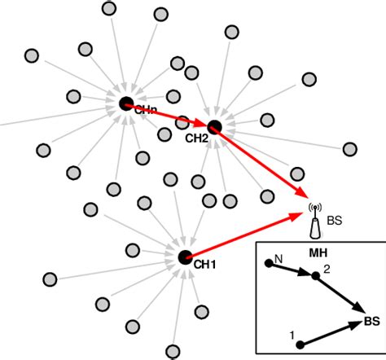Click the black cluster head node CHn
coord(126,103)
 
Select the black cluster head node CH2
coord(214,126)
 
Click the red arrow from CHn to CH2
coord(170,115)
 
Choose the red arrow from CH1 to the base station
coord(244,236)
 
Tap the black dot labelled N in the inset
coord(268,263)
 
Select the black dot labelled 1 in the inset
coord(300,345)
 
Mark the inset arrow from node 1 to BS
coord(330,334)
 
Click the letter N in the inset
coord(279,258)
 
